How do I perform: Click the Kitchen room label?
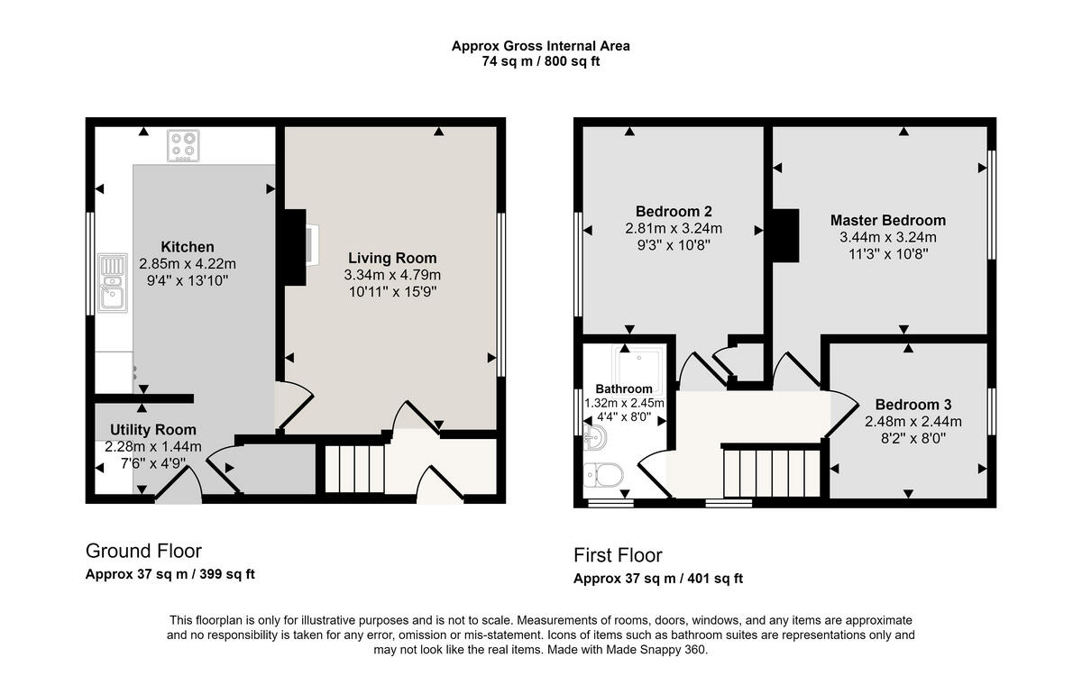188,247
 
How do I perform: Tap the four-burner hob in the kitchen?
183,145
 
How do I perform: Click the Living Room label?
392,258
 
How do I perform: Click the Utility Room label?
152,430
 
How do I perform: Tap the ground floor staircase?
353,468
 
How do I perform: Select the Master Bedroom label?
887,220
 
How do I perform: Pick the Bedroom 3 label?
912,405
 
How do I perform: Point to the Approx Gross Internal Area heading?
540,46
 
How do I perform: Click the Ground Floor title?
143,551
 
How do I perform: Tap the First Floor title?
618,555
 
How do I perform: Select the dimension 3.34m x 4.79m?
392,275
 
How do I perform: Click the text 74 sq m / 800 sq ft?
540,62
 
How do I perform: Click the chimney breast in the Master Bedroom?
785,234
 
